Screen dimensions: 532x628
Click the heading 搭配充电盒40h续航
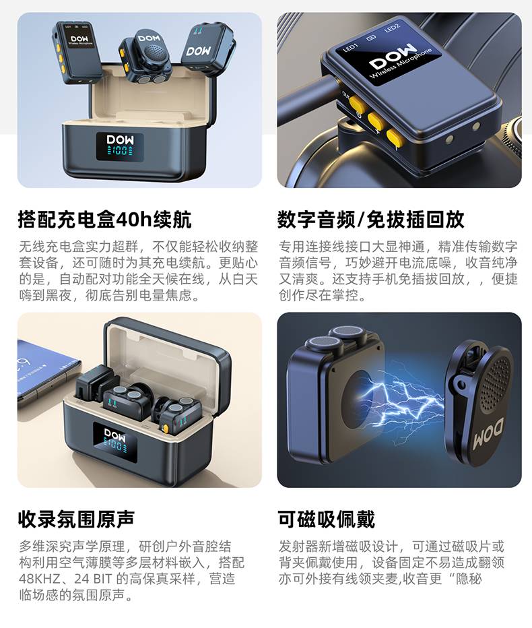(x=104, y=220)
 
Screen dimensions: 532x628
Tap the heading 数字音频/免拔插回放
(x=370, y=220)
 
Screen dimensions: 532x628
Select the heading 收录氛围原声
(x=76, y=519)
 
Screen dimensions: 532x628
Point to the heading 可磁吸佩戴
(x=326, y=519)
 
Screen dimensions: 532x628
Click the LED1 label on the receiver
(x=351, y=48)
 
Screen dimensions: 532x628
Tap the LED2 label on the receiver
(x=392, y=28)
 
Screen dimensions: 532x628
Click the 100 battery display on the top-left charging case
(x=120, y=151)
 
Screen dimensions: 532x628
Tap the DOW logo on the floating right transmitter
(x=199, y=51)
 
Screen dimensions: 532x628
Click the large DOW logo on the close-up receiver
(x=393, y=55)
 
